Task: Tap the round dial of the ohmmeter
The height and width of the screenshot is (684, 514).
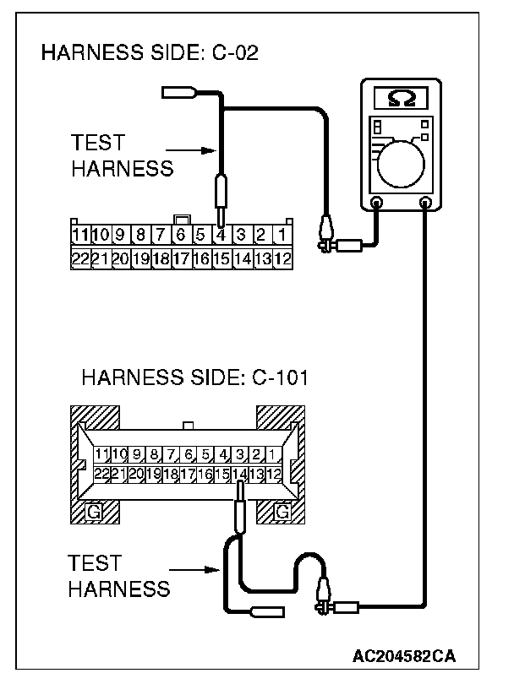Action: point(402,161)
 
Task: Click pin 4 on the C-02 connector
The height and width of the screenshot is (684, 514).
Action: point(221,234)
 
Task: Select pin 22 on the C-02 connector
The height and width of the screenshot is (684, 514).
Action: point(80,258)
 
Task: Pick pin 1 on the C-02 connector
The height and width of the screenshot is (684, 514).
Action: point(283,234)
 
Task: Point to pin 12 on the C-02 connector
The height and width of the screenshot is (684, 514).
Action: point(283,258)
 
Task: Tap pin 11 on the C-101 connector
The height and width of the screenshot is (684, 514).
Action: point(102,455)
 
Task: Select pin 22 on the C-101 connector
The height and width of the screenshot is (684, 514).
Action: point(102,475)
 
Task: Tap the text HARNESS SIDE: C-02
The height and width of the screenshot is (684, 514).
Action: point(150,55)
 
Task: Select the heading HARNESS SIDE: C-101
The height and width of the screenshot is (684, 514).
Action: point(195,377)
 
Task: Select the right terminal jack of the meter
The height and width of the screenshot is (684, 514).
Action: point(425,203)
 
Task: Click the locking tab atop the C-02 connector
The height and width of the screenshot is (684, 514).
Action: point(181,220)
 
